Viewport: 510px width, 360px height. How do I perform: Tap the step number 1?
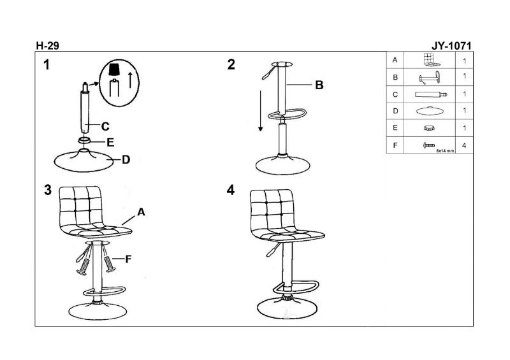[47, 64]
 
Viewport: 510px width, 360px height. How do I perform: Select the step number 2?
[231, 64]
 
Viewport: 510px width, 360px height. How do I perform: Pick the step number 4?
[231, 191]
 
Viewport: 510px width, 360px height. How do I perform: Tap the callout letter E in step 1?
[110, 142]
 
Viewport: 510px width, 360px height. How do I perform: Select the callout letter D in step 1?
[126, 159]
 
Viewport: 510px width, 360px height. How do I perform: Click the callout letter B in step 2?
[319, 84]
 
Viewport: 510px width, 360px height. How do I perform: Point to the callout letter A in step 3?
[141, 213]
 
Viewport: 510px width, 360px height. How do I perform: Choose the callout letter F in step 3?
[128, 259]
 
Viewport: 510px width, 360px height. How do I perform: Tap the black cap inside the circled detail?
[114, 68]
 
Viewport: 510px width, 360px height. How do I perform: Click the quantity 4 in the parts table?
[463, 145]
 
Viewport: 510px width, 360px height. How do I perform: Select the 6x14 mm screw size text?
[444, 151]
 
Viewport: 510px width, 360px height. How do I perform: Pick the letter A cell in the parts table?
[395, 60]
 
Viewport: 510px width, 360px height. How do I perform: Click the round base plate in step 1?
[82, 160]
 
